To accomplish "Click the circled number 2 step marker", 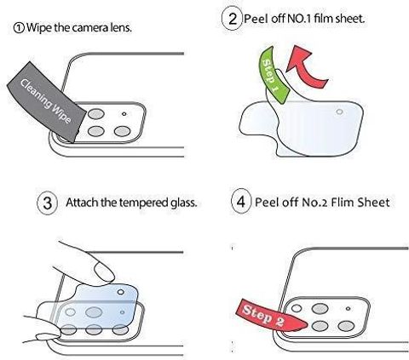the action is (232, 19).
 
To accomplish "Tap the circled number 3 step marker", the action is (48, 203).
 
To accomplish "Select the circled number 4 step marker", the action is (241, 202).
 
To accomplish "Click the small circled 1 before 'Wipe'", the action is (19, 28).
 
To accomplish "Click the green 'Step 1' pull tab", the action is (274, 75).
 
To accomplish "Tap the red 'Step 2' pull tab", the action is (270, 314).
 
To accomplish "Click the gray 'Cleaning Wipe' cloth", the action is (47, 101).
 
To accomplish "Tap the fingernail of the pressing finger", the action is (104, 271).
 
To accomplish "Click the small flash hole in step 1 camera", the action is (124, 114).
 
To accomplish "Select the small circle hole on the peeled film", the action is (339, 111).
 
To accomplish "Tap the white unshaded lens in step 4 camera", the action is (297, 308).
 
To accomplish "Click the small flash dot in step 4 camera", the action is (348, 308).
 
